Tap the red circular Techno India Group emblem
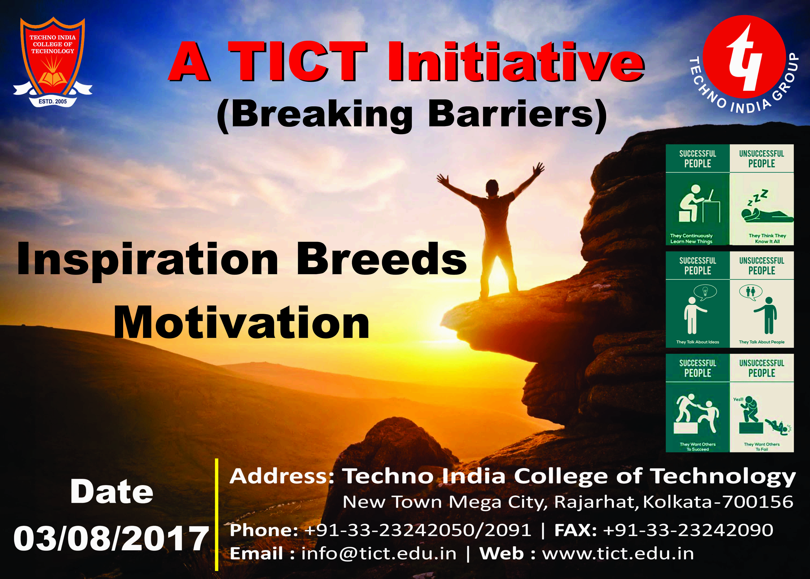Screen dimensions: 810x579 (745, 56)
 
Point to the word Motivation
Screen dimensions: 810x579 (241, 323)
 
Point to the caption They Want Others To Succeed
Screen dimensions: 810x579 (697, 447)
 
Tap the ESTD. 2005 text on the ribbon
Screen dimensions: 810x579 (53, 101)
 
